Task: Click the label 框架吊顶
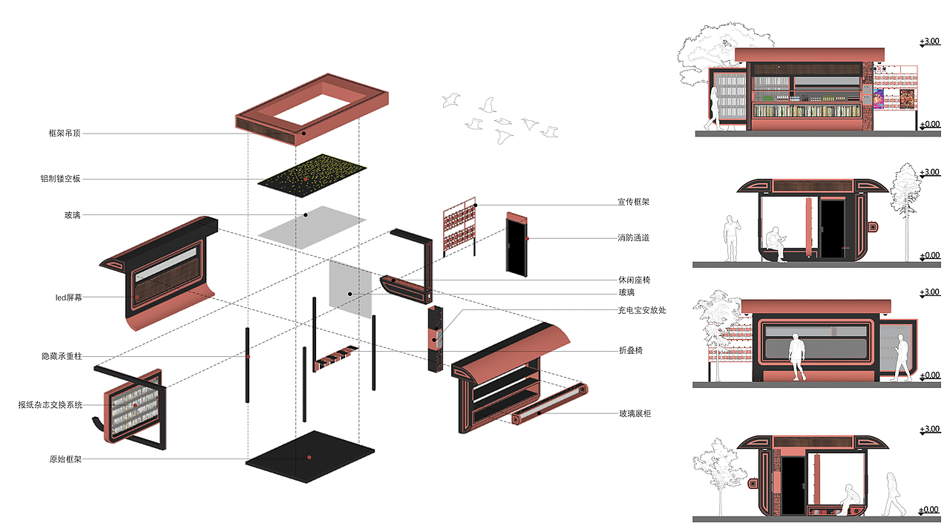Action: click(64, 134)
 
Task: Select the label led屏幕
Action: click(68, 298)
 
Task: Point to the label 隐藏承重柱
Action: click(62, 356)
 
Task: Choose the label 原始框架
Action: click(65, 459)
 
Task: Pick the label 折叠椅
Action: click(631, 350)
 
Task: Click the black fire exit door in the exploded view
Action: click(516, 243)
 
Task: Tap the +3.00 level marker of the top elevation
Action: click(930, 42)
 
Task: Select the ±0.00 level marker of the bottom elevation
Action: click(930, 510)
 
